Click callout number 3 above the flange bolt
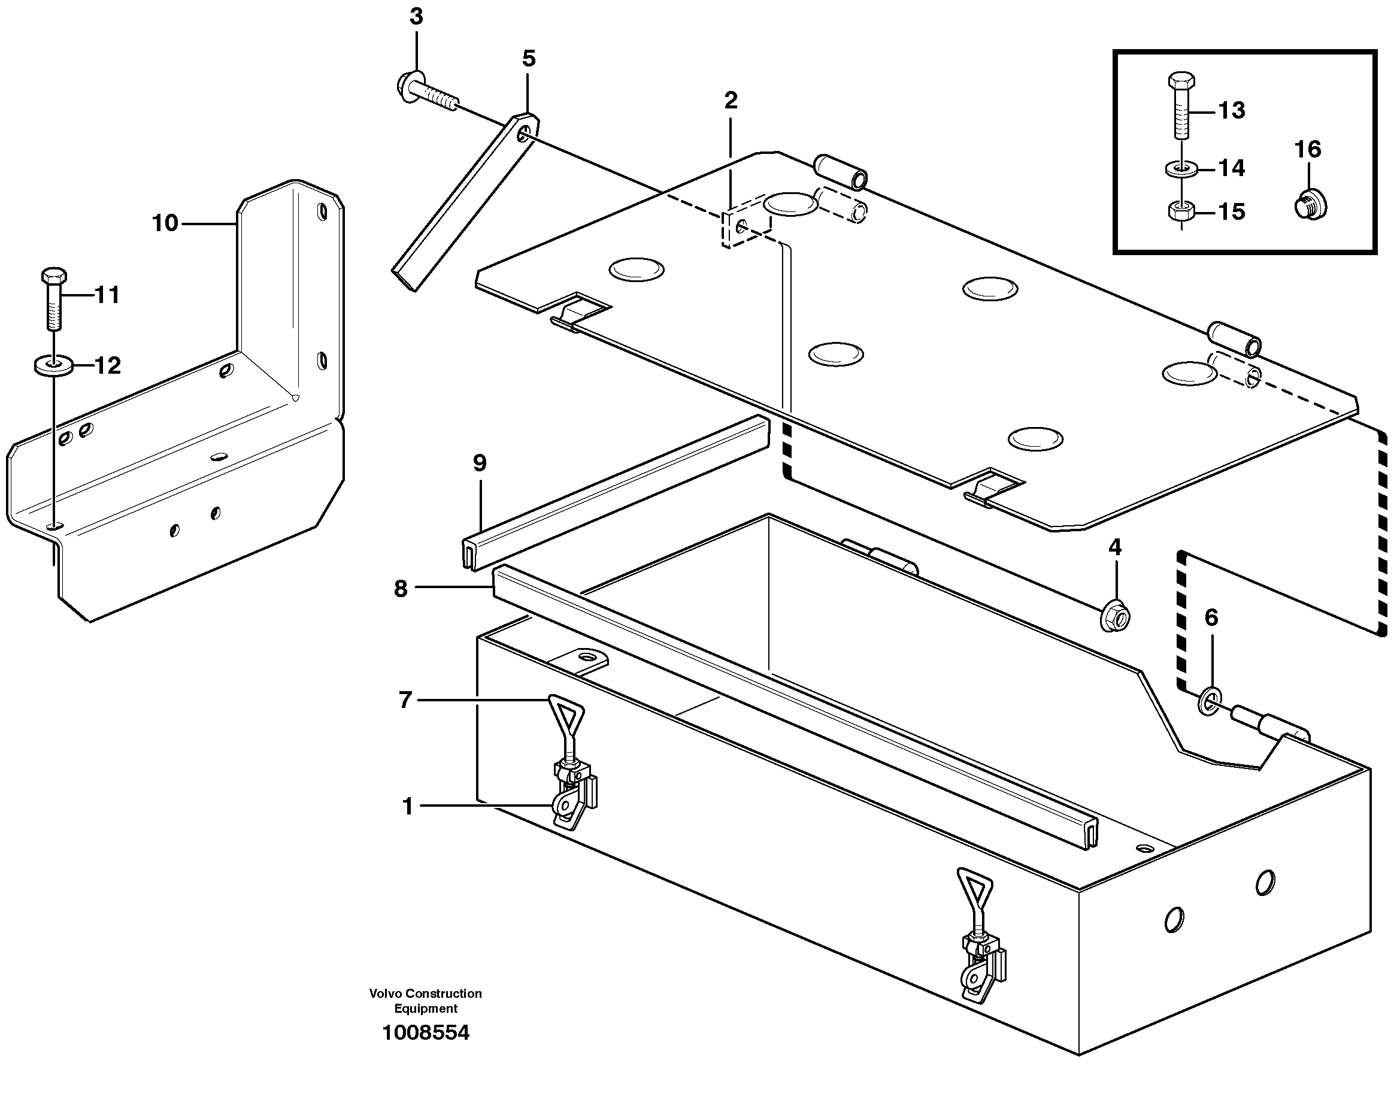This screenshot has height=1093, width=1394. tap(417, 17)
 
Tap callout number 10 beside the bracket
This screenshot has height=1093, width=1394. tap(165, 223)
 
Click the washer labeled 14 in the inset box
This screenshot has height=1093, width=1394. tap(1180, 169)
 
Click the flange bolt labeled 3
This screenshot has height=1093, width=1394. tap(427, 93)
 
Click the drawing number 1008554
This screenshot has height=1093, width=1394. tap(425, 1032)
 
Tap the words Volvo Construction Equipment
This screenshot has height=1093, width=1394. tap(425, 1001)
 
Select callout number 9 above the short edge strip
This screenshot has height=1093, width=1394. tap(480, 463)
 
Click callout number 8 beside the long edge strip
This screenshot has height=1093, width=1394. tap(401, 588)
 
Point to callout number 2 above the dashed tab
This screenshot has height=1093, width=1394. tap(731, 101)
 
